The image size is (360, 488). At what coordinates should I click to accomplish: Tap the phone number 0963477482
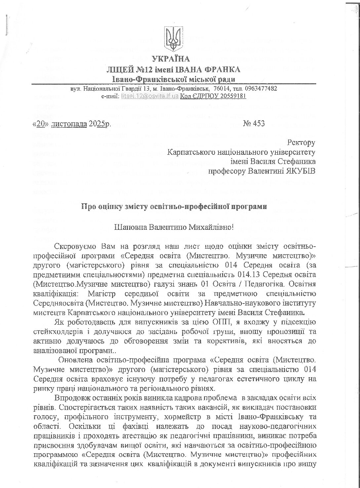pyautogui.click(x=261, y=89)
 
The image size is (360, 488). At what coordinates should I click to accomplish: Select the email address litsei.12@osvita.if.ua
pyautogui.click(x=150, y=96)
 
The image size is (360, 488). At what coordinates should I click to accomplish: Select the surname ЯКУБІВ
pyautogui.click(x=300, y=171)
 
